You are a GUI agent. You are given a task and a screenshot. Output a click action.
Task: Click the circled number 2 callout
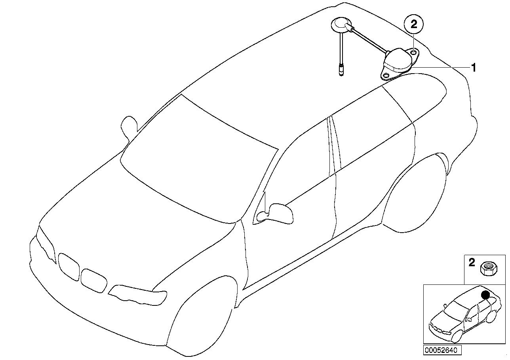tap(414, 25)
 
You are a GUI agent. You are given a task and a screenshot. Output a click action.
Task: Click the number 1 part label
tap(473, 68)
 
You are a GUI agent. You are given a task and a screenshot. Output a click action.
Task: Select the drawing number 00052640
tap(441, 350)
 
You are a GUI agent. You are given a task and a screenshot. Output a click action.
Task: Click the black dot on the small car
tap(485, 295)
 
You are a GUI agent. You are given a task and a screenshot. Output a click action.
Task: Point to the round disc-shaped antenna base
tap(339, 24)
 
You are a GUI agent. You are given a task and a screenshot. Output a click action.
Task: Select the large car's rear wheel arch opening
tap(416, 194)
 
